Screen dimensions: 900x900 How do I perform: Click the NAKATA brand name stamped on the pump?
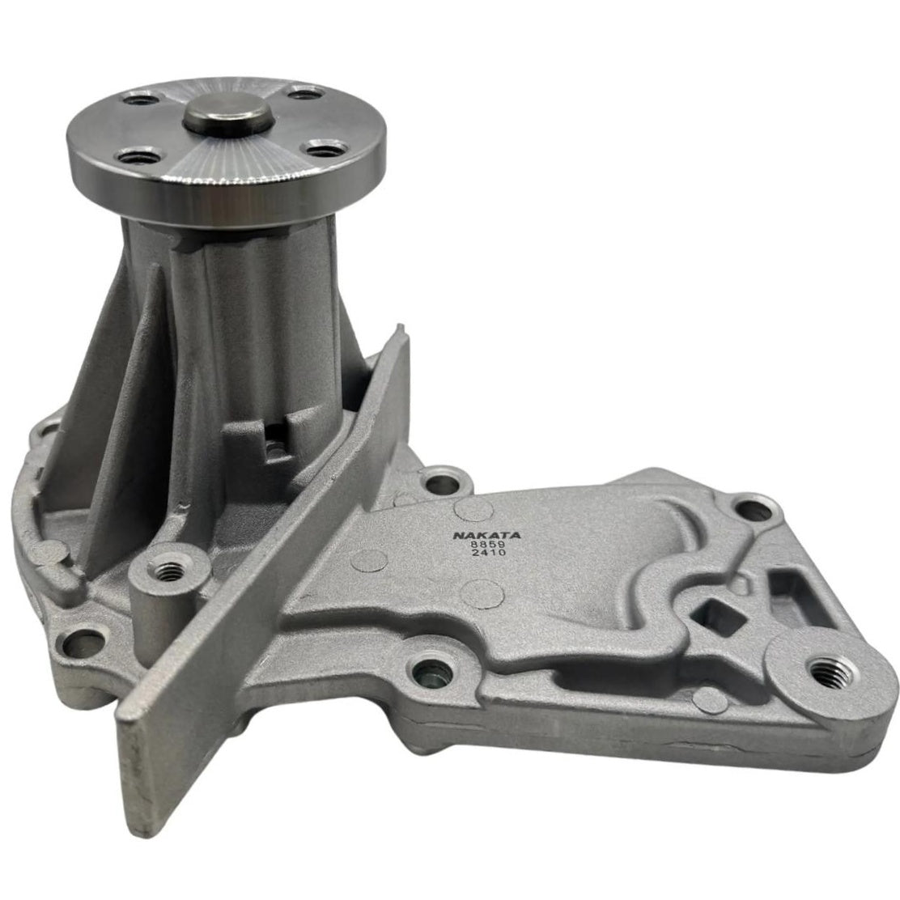(486, 535)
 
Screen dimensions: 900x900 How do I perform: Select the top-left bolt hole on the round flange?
(141, 100)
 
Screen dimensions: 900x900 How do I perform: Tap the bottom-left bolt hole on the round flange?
(139, 155)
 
